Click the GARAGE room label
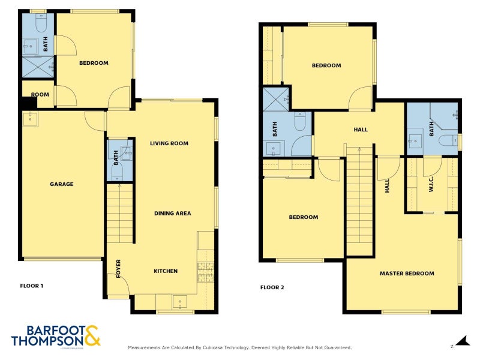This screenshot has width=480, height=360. click(61, 184)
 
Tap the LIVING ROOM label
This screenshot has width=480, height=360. click(169, 143)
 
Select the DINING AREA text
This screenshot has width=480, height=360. click(173, 213)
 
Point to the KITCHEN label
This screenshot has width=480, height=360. click(166, 271)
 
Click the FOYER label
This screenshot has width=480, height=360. click(118, 266)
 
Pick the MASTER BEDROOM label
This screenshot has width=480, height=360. click(406, 274)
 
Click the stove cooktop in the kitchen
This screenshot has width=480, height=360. click(205, 272)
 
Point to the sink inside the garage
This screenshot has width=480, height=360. click(30, 119)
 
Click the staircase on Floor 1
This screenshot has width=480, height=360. click(119, 213)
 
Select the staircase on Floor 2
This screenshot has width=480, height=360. click(359, 201)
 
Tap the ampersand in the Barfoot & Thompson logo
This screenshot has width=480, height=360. click(92, 335)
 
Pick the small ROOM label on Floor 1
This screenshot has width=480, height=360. click(40, 94)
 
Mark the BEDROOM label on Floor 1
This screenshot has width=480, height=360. click(94, 63)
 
